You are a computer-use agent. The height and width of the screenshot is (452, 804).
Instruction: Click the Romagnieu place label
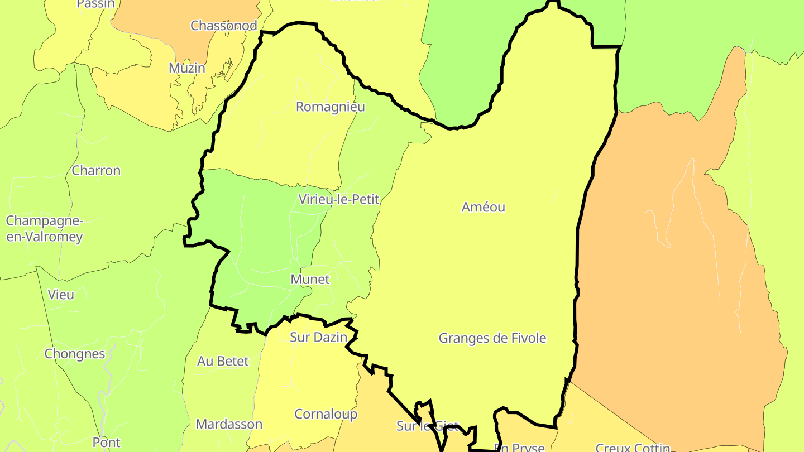point(330,107)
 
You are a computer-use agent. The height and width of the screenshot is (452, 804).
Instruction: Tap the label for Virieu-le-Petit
point(339,199)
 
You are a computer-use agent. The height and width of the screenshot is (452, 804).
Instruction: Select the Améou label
point(484,207)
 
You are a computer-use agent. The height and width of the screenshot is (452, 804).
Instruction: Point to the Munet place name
point(310,279)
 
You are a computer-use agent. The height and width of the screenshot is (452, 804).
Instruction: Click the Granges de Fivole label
point(492,338)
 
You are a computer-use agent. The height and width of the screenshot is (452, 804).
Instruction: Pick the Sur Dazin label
point(318,337)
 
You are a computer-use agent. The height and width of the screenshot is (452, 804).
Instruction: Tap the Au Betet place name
point(223,361)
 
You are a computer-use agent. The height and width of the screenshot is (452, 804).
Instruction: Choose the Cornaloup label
point(326,414)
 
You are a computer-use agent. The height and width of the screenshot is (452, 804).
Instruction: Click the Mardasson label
point(229,424)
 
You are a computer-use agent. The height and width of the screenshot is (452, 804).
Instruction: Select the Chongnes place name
point(75,354)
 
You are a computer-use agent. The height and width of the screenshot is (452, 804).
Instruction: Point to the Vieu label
point(61,294)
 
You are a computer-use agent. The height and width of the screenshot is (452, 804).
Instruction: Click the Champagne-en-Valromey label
point(45,229)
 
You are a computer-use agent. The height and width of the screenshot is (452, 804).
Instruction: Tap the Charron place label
point(96,170)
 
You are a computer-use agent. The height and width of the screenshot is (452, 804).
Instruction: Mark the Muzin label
point(187,68)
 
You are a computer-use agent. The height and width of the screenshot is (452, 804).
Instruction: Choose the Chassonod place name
point(223,25)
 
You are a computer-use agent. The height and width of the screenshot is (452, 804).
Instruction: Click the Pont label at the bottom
point(106,443)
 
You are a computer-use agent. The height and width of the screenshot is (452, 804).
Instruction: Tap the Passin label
point(95,4)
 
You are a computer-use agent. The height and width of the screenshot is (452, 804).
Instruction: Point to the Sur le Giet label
point(427,426)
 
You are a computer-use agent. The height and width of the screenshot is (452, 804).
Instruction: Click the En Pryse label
point(519,448)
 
